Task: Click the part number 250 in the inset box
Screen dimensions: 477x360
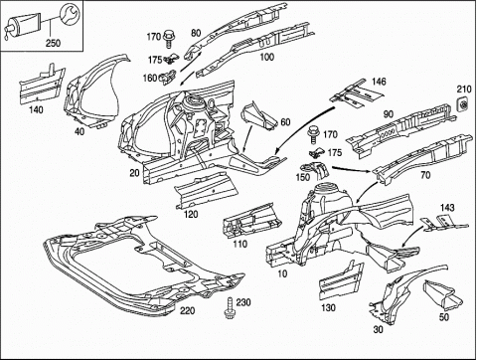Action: (53, 43)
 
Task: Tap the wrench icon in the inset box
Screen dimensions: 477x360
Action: (69, 15)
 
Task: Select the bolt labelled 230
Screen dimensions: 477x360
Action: (230, 308)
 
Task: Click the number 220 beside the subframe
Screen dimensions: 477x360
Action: (188, 311)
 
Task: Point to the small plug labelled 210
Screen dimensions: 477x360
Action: (463, 104)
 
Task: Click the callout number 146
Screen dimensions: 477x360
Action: (379, 82)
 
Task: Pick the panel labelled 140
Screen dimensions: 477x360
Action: (41, 84)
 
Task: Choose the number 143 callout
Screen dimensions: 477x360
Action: (447, 208)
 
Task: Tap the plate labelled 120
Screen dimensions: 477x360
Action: (206, 190)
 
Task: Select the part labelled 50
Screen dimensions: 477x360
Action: (443, 296)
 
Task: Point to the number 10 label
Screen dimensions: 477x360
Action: (282, 273)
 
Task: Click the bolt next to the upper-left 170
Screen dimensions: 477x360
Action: (169, 38)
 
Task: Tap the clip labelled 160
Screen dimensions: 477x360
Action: (169, 77)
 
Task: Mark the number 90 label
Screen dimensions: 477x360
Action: (389, 114)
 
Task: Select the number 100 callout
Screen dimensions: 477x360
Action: (267, 57)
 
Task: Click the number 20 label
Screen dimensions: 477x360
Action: (135, 173)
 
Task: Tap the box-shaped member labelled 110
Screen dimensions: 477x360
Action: (252, 220)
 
